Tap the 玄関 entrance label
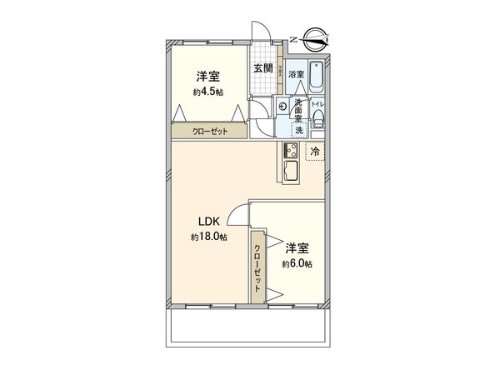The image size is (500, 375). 262,67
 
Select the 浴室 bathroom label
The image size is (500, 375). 296,73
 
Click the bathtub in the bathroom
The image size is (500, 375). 317,77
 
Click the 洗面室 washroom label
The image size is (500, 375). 297,108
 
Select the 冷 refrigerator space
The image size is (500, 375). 316,152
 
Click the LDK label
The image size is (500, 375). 207,222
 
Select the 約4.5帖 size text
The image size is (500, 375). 207,92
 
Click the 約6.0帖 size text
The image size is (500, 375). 297,264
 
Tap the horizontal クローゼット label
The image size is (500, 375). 208,132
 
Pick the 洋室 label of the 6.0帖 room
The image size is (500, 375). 297,248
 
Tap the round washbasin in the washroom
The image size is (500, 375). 282,106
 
